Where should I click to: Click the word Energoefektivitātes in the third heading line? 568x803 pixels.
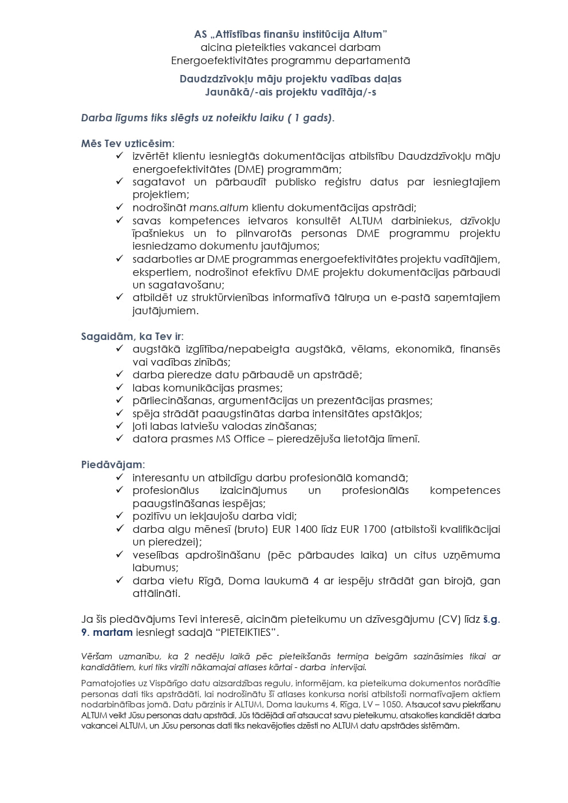219,60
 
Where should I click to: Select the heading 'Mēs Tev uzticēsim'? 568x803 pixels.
127,144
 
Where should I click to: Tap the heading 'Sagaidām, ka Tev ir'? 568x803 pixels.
132,337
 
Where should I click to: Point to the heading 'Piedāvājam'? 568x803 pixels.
112,465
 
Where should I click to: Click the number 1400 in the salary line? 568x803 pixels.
306,529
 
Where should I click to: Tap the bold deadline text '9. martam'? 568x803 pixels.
107,632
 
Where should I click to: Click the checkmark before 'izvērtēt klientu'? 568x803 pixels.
120,156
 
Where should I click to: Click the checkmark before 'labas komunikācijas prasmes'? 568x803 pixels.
120,387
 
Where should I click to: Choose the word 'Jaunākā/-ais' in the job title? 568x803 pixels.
234,92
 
